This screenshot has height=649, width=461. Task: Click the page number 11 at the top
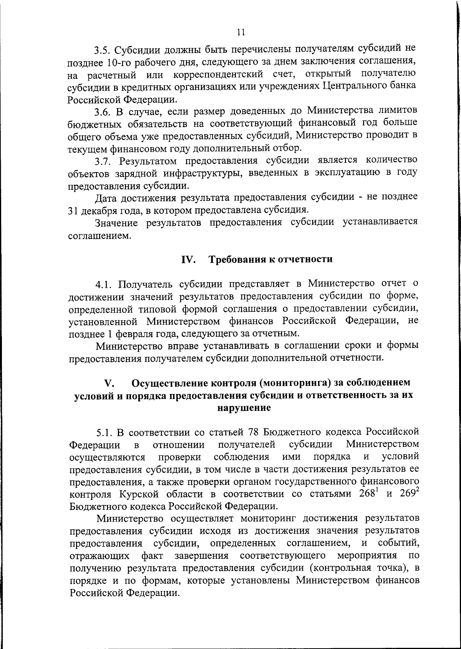click(x=241, y=32)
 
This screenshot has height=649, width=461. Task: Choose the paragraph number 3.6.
click(x=103, y=112)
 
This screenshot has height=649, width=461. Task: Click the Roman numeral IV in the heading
click(x=188, y=260)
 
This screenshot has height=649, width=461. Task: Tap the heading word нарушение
click(x=244, y=408)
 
